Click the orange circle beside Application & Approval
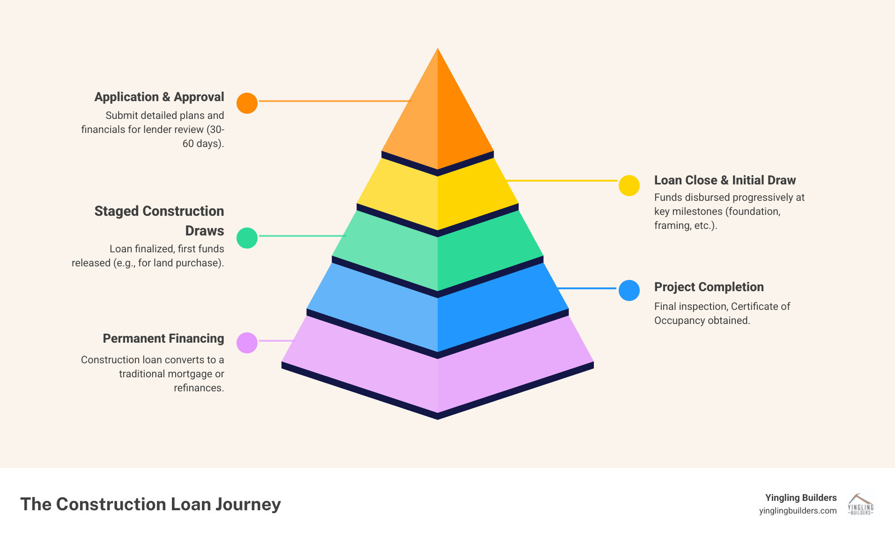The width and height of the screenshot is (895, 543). coord(247,103)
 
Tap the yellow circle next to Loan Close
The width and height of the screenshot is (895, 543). coord(629,186)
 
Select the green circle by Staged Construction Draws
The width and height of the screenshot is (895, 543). coord(247,238)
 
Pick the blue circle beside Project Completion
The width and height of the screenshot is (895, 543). coord(629,290)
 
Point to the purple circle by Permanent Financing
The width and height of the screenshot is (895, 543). coord(247,343)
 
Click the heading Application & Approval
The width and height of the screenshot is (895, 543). coord(159,97)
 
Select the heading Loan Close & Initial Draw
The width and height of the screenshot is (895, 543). coord(725,180)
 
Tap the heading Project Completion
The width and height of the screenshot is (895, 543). coord(709,287)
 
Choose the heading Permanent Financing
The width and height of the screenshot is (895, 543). coord(163,338)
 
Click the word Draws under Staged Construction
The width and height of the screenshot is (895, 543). coord(205,231)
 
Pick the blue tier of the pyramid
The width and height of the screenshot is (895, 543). coord(437,314)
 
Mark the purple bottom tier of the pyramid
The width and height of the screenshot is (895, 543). coord(437,374)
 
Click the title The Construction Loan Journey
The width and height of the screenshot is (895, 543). coord(150,504)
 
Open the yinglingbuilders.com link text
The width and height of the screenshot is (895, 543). coord(798,511)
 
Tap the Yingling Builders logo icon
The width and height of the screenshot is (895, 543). coord(860,505)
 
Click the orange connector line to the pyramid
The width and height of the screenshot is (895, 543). coord(334,101)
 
